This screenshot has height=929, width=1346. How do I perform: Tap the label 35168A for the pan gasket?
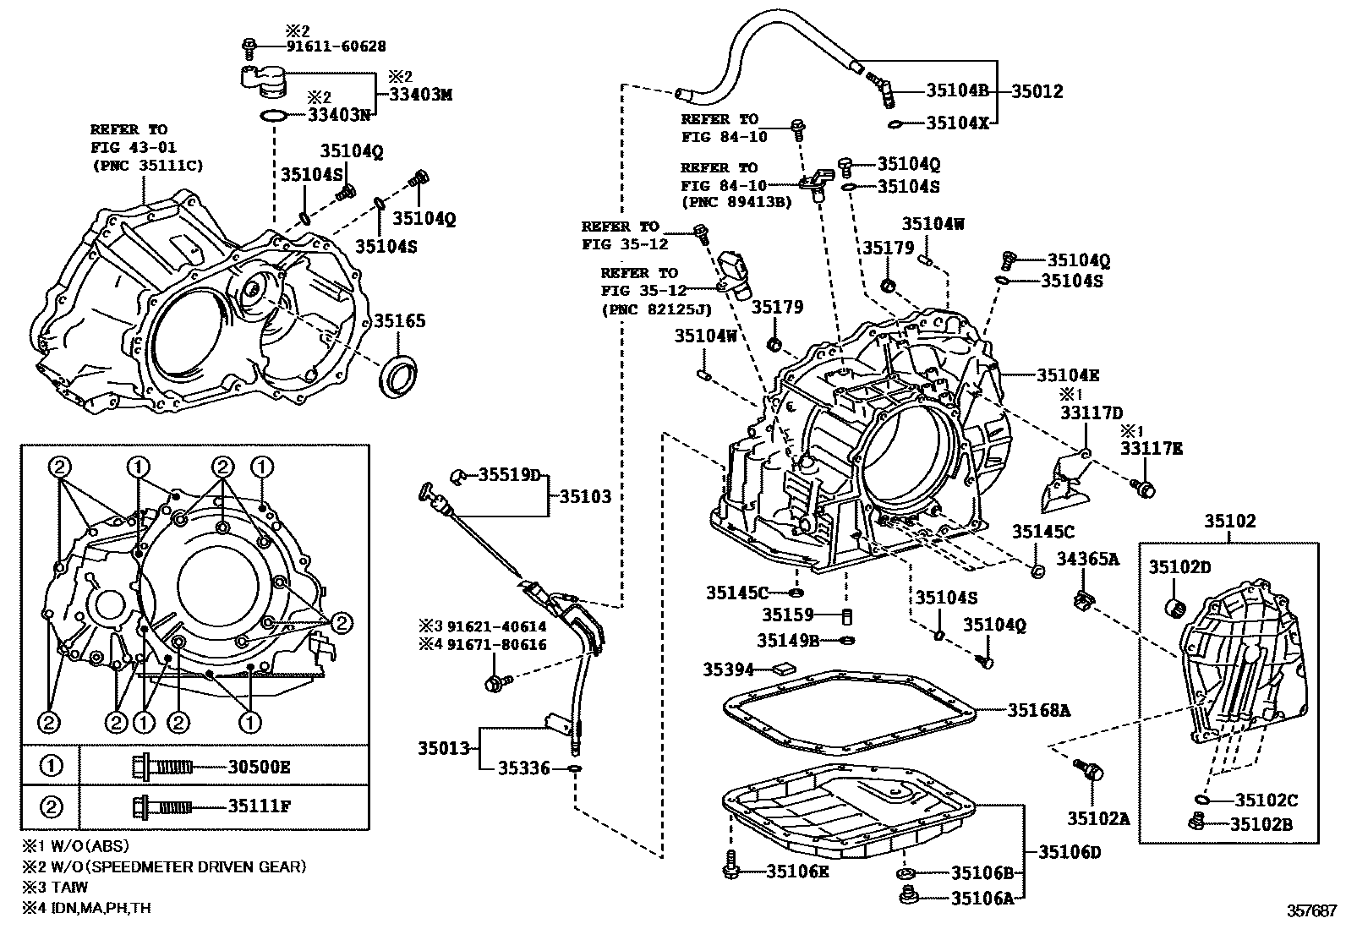pos(1038,711)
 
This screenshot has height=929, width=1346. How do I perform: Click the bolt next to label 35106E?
pos(731,869)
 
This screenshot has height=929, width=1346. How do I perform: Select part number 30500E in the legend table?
pos(259,767)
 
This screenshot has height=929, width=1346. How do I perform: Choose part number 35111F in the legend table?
pos(259,806)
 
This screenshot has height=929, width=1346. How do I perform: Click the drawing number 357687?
pos(1311,911)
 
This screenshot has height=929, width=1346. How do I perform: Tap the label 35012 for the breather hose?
pos(1037,90)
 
